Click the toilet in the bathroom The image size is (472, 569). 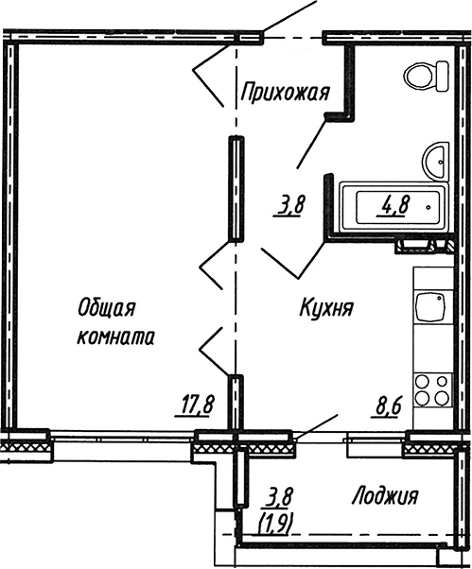click(x=426, y=77)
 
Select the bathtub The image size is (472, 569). click(x=394, y=206)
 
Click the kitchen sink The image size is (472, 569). click(x=431, y=306)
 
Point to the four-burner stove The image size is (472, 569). click(x=433, y=390)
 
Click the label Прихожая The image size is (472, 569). click(x=285, y=93)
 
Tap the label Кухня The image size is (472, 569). click(x=326, y=308)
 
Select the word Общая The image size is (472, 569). click(x=106, y=308)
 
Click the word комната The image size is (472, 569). click(x=115, y=336)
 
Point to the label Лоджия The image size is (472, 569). click(x=385, y=495)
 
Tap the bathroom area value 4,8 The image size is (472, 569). click(x=394, y=205)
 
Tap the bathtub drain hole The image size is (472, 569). click(x=429, y=208)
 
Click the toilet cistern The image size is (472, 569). click(x=443, y=77)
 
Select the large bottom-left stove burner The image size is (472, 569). click(x=422, y=399)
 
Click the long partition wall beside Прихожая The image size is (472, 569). click(x=236, y=188)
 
